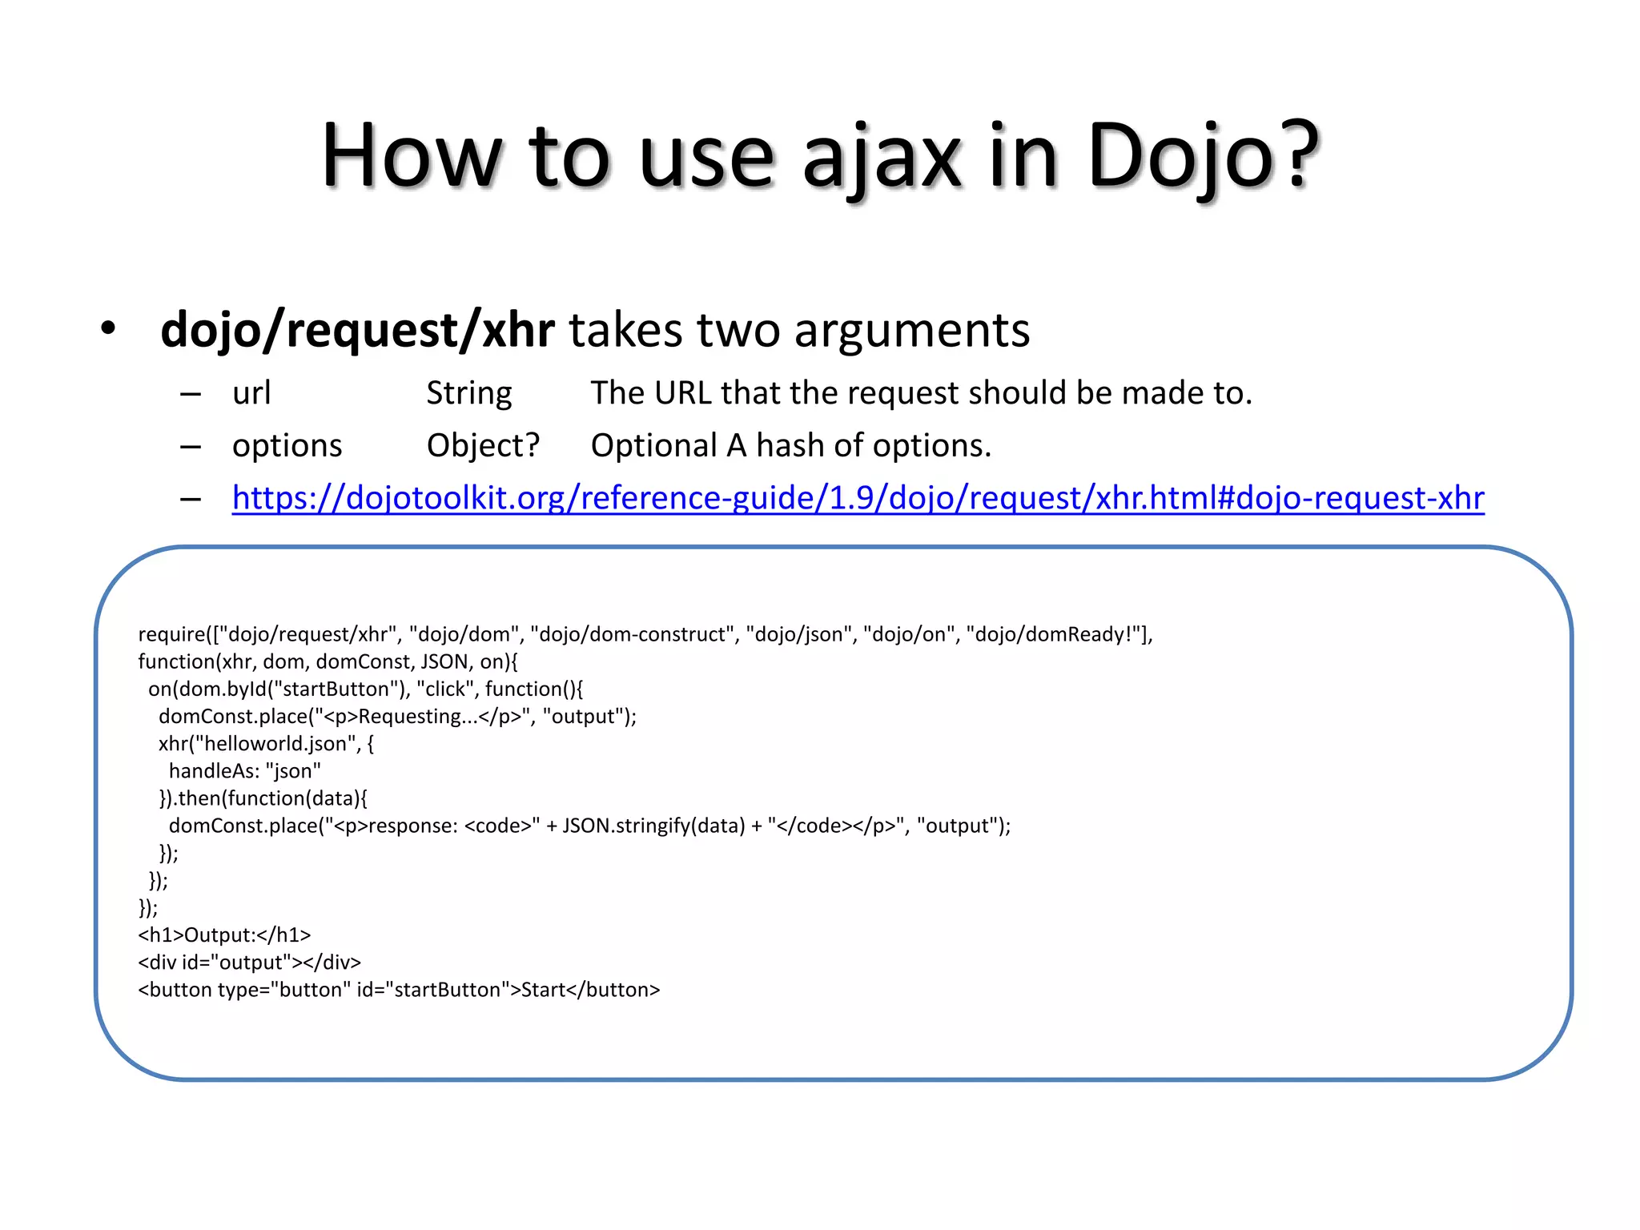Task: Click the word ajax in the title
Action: (881, 156)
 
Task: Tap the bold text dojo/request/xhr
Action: (357, 330)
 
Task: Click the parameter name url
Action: (251, 393)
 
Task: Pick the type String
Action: (468, 393)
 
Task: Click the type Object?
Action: (483, 445)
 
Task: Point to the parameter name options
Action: (287, 445)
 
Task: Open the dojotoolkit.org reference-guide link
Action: (858, 498)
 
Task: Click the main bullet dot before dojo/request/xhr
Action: (108, 328)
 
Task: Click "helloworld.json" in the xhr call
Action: (275, 743)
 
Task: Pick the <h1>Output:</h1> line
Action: (224, 935)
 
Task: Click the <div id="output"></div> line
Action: (249, 962)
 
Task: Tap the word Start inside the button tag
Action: (543, 990)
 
